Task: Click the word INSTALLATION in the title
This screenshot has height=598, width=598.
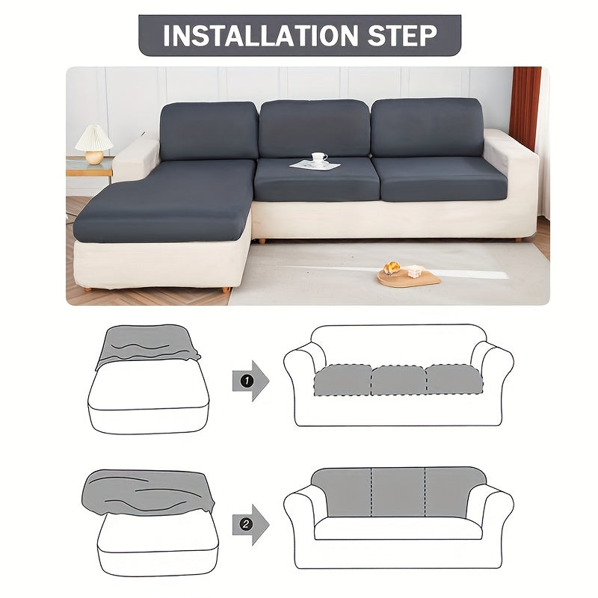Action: click(x=260, y=35)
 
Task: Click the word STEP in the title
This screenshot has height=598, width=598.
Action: click(x=402, y=35)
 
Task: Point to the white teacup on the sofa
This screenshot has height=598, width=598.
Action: click(x=319, y=158)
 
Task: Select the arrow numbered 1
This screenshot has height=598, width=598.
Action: click(x=250, y=380)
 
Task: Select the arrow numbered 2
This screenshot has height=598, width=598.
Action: click(x=250, y=525)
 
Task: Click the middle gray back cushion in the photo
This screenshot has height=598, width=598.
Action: click(x=315, y=129)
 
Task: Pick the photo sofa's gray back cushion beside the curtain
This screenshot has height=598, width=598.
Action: click(x=427, y=127)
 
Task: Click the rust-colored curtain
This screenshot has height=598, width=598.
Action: click(x=525, y=108)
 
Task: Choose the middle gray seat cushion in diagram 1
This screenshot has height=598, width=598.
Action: click(x=398, y=380)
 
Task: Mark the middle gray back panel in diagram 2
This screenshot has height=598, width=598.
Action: click(x=398, y=492)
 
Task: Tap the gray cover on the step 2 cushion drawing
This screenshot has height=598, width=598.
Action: click(x=148, y=492)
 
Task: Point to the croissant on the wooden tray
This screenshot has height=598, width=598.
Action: click(x=392, y=268)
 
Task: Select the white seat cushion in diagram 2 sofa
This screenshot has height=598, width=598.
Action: click(x=398, y=528)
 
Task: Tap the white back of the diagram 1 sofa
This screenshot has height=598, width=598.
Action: click(x=398, y=345)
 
